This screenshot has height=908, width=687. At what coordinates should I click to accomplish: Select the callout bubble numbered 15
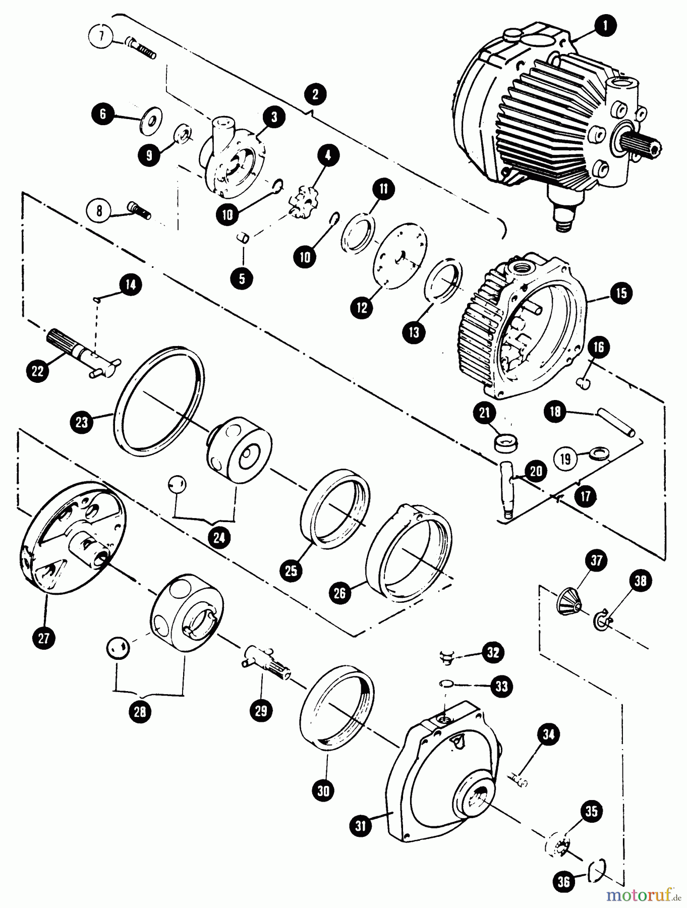tap(621, 293)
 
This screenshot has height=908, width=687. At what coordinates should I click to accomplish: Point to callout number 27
tap(44, 638)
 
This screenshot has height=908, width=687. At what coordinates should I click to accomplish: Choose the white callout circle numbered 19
tap(565, 459)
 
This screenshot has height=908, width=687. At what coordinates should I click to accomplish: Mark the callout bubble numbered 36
tap(564, 881)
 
